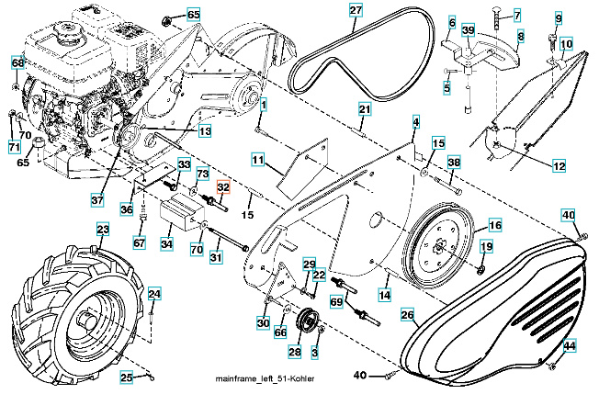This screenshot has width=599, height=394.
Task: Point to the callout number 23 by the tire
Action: coord(103,230)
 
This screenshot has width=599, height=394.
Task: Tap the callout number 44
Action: coord(570,346)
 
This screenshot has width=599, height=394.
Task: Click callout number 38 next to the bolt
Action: coord(453,163)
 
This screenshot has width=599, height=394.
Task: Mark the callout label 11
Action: coord(258,161)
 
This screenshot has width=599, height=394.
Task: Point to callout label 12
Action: coord(559,166)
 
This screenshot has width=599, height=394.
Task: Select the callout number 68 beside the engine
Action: coord(18,62)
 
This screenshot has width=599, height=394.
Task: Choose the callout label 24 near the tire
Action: coord(154,294)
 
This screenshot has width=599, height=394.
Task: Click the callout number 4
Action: coord(415,122)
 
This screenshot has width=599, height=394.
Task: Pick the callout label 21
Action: coord(364,109)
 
